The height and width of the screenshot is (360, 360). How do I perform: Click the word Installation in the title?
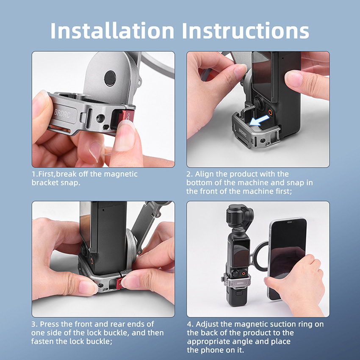pyautogui.click(x=112, y=30)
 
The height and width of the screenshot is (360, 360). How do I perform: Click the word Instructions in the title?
pyautogui.click(x=245, y=30)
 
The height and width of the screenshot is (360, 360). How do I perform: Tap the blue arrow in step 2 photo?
pyautogui.click(x=260, y=121)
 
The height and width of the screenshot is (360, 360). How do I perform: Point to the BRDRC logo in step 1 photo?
pyautogui.click(x=62, y=113)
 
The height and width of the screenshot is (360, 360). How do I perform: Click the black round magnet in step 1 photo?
pyautogui.click(x=110, y=78)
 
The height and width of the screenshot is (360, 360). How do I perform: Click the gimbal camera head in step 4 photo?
pyautogui.click(x=239, y=216)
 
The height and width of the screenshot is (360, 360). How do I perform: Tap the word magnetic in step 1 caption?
pyautogui.click(x=121, y=174)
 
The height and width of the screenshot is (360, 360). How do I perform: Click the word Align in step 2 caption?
pyautogui.click(x=203, y=174)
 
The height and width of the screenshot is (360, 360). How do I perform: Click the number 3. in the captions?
pyautogui.click(x=34, y=324)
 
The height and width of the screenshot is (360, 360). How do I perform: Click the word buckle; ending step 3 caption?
pyautogui.click(x=100, y=341)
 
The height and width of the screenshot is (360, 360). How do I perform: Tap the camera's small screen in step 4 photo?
pyautogui.click(x=241, y=253)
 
